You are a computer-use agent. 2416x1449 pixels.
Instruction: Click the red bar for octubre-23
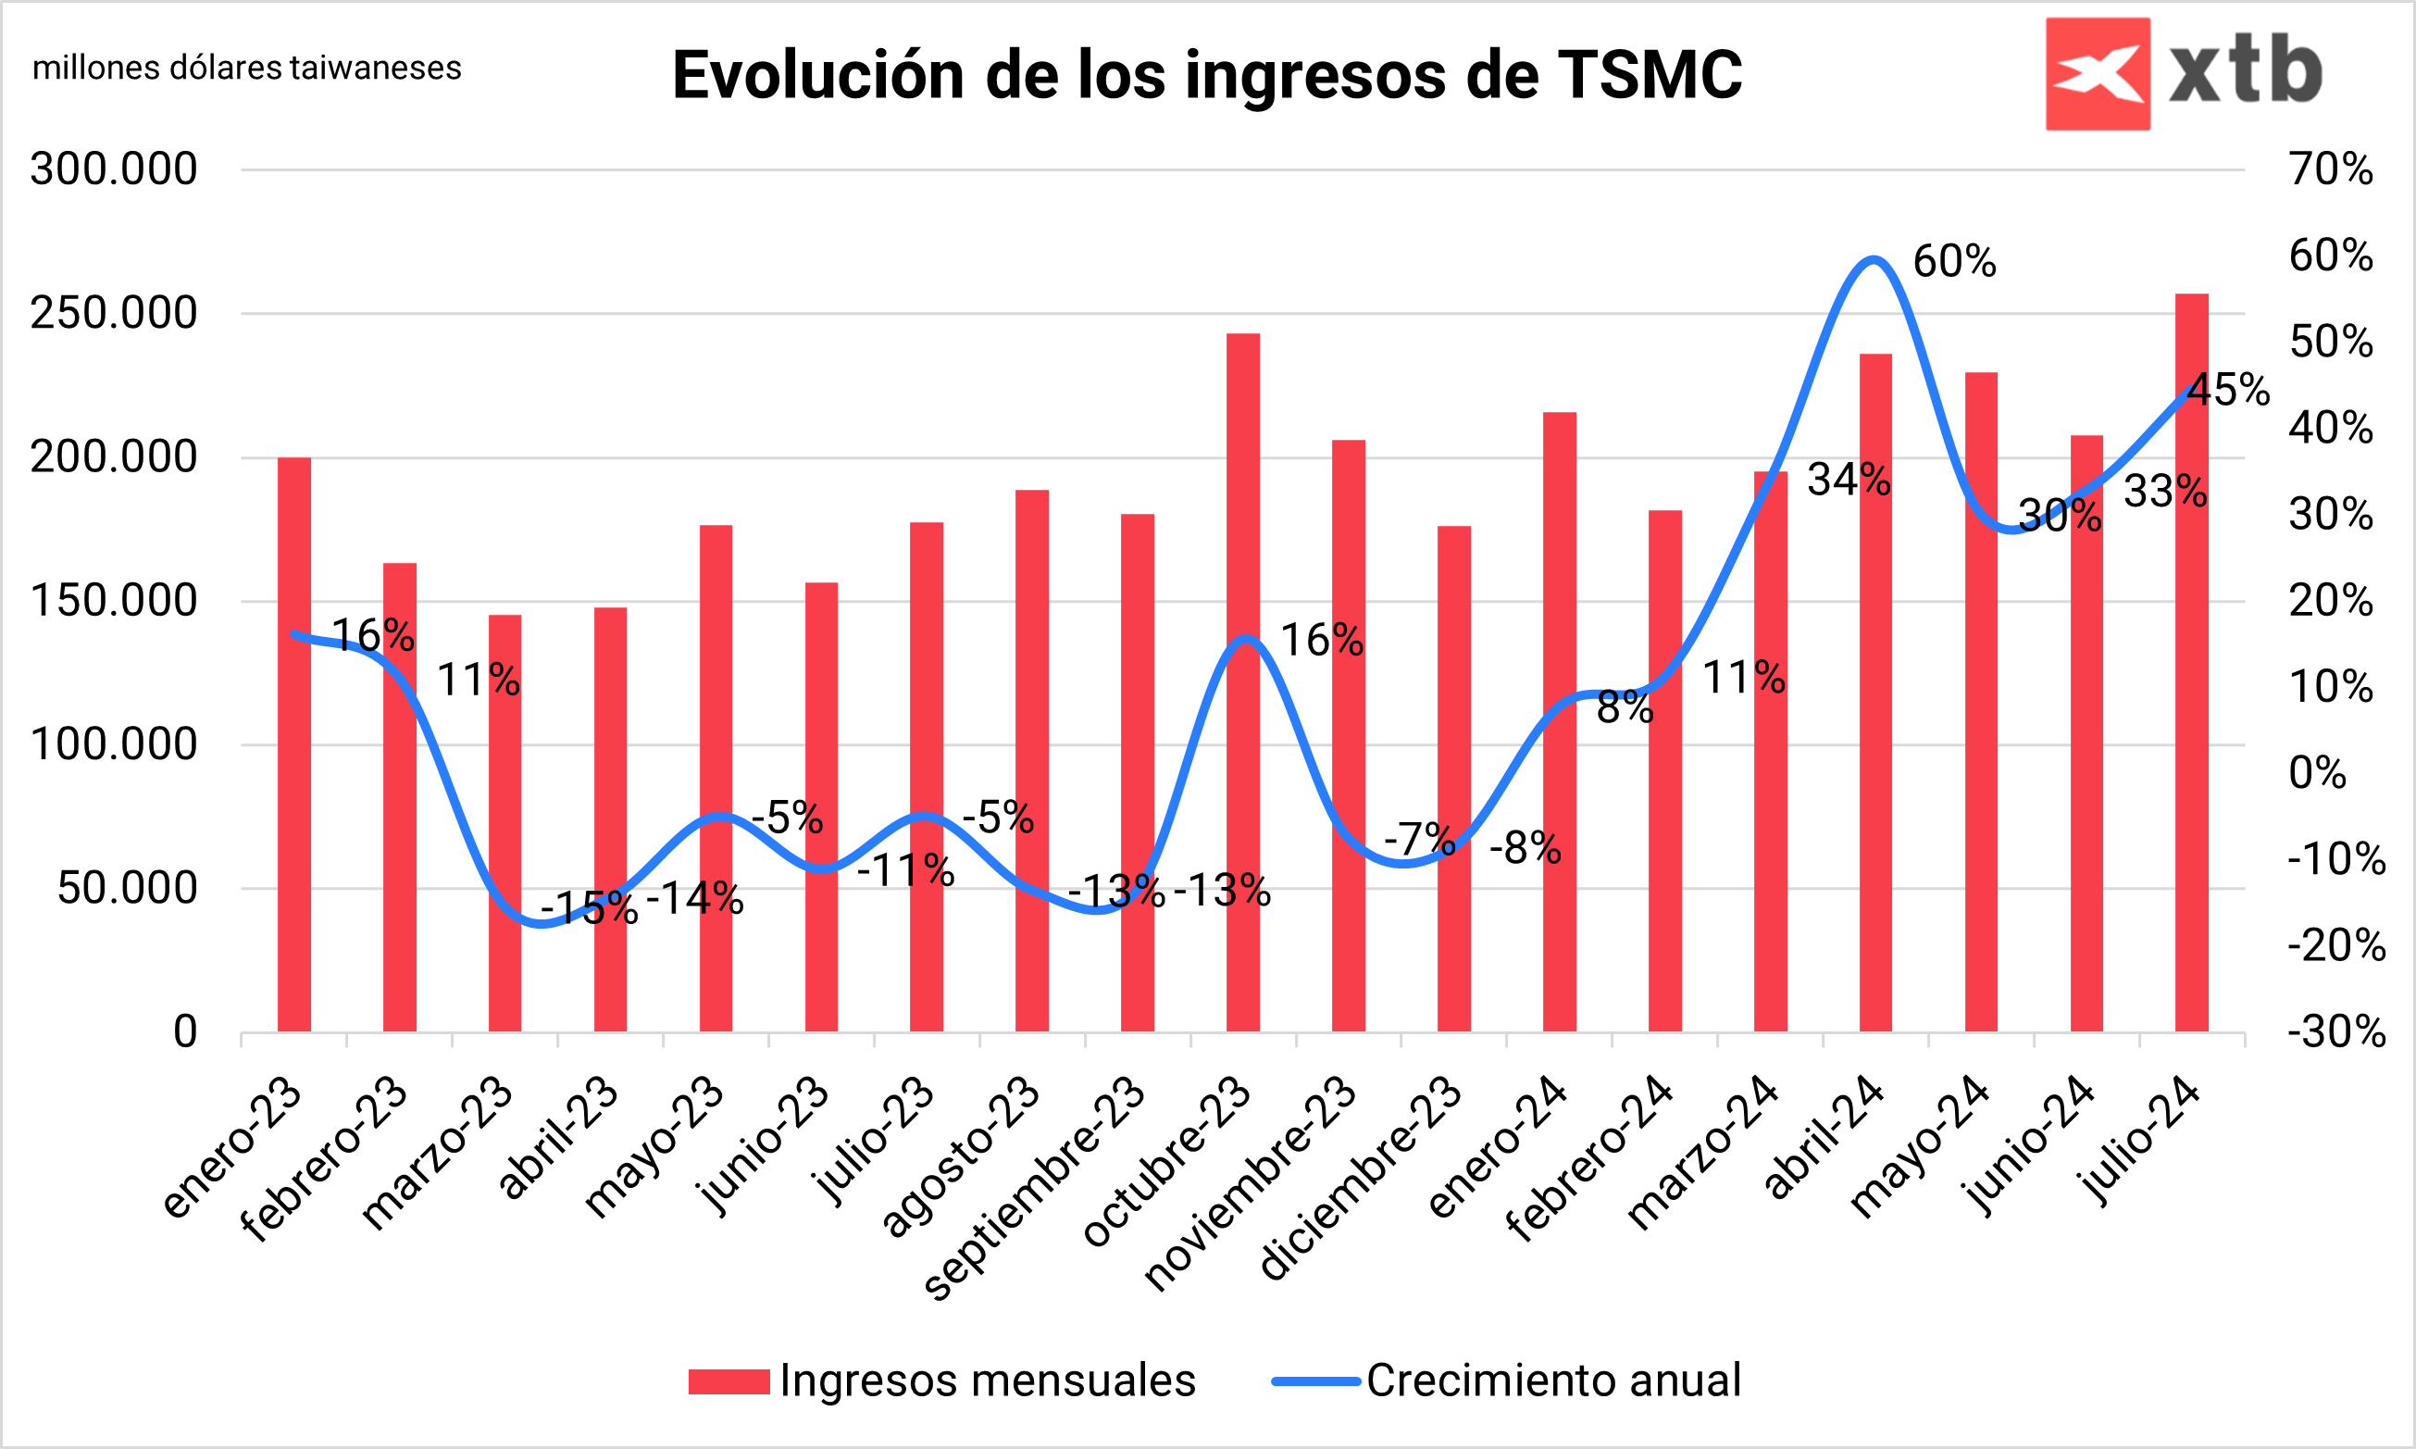coord(1242,683)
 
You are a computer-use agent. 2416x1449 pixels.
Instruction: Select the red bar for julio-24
coord(2191,664)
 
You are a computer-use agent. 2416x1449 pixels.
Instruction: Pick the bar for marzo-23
coord(504,825)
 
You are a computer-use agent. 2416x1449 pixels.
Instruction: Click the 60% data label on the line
coord(1954,262)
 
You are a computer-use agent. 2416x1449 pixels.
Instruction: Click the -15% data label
coord(590,909)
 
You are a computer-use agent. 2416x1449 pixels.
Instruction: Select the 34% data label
coord(1849,480)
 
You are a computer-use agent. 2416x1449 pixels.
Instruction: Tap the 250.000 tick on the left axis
coord(113,314)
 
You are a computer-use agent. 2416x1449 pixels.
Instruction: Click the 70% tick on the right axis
coord(2331,169)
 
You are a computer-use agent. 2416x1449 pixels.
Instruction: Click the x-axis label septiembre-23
coord(1035,1186)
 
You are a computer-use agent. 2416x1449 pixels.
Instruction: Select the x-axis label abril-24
coord(1824,1138)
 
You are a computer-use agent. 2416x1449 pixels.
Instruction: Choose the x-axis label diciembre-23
coord(1361,1177)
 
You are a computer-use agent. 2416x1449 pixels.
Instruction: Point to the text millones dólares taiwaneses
coord(247,69)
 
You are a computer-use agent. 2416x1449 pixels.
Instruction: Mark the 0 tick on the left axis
coord(185,1032)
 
